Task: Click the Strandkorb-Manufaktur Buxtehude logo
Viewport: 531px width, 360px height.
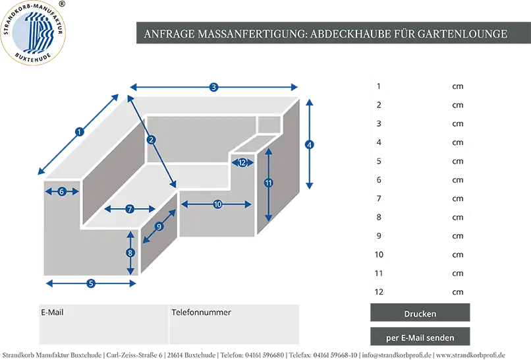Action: pos(33,33)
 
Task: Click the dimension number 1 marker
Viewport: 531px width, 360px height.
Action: pos(79,132)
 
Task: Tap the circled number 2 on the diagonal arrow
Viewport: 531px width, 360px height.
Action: pos(151,140)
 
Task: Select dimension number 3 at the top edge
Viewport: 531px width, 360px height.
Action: pos(213,88)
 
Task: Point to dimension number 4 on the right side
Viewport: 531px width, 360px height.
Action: pos(309,145)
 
